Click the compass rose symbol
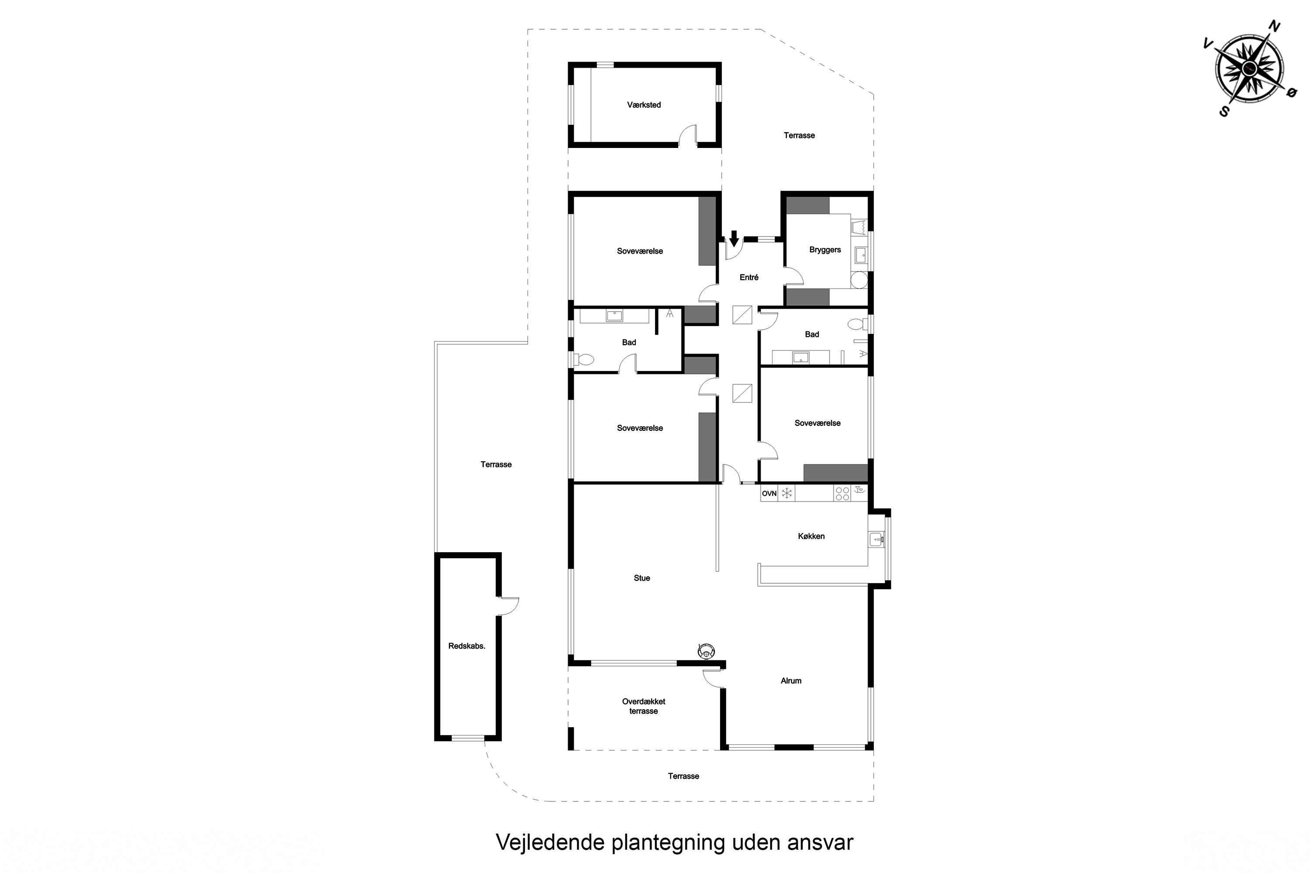pyautogui.click(x=1249, y=69)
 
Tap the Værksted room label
pyautogui.click(x=644, y=105)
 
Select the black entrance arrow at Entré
pyautogui.click(x=734, y=238)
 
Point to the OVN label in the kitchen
pyautogui.click(x=769, y=493)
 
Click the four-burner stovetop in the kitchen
pyautogui.click(x=842, y=493)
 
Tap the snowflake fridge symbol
pyautogui.click(x=787, y=493)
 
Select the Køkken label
pyautogui.click(x=811, y=536)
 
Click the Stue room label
pyautogui.click(x=641, y=578)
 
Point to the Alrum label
pyautogui.click(x=791, y=681)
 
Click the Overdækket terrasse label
pyautogui.click(x=643, y=706)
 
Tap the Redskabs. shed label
pyautogui.click(x=467, y=646)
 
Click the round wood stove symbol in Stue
pyautogui.click(x=706, y=650)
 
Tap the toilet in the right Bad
pyautogui.click(x=857, y=323)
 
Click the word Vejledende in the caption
pyautogui.click(x=550, y=842)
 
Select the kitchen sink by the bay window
pyautogui.click(x=876, y=539)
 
